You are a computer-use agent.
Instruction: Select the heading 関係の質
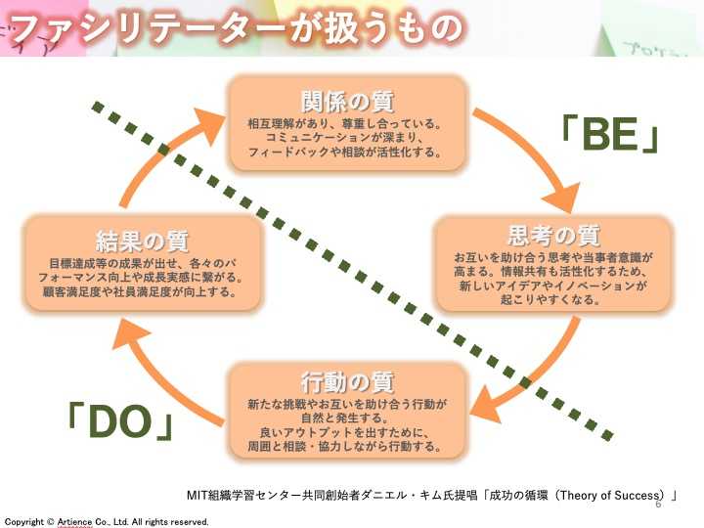click(x=346, y=101)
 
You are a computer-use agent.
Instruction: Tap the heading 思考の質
click(x=553, y=236)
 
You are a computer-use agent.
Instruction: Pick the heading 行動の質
click(x=346, y=381)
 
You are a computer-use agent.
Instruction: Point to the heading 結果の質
click(x=143, y=241)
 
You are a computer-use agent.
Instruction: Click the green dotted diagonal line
click(x=352, y=270)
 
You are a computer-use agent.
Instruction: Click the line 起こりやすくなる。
click(x=554, y=300)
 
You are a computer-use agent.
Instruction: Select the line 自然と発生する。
click(x=346, y=417)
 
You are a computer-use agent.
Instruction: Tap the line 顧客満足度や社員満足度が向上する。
click(x=143, y=291)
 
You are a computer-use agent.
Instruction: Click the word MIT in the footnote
click(x=198, y=495)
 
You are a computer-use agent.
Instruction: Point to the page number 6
click(x=658, y=505)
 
